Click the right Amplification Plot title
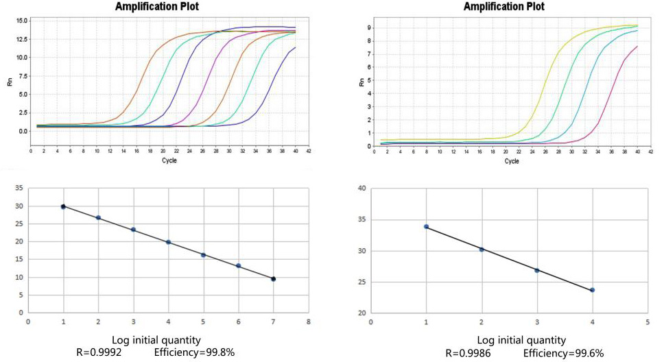click(504, 6)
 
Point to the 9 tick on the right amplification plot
click(368, 28)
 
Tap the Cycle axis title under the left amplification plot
click(169, 160)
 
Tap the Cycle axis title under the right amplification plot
click(512, 161)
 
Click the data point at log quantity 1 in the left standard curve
click(63, 206)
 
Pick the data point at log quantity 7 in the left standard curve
click(274, 279)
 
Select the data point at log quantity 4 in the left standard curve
click(168, 242)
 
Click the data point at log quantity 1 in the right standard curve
click(426, 226)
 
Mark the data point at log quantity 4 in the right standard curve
click(592, 290)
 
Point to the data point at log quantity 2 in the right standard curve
click(482, 249)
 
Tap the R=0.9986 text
click(470, 353)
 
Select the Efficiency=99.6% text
click(565, 353)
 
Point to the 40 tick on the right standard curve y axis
click(361, 189)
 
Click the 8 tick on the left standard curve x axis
click(309, 320)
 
